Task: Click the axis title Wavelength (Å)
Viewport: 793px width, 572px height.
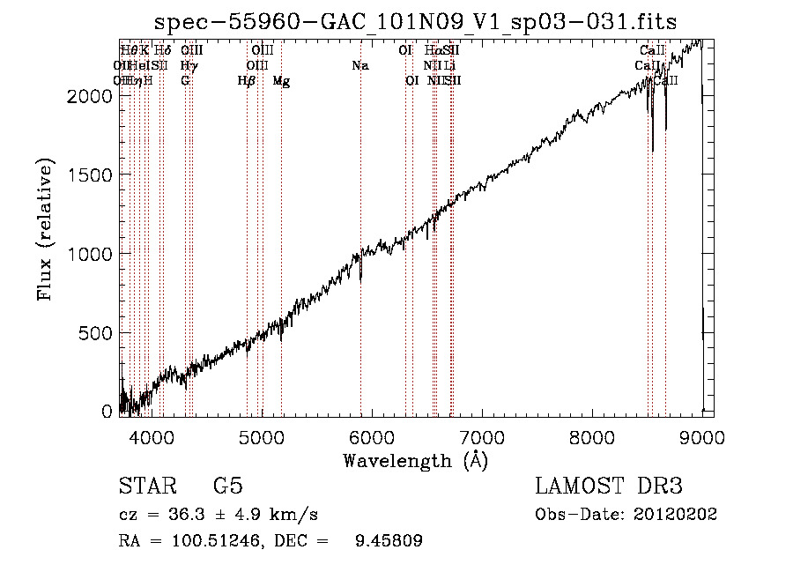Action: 416,460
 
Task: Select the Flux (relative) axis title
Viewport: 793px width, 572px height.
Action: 47,229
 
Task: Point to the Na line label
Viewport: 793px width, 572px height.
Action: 359,65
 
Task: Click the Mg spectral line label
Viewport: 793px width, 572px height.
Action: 281,81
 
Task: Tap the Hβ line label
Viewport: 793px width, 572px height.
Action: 247,81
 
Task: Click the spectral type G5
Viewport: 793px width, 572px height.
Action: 227,487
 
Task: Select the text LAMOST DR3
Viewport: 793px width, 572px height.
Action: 608,487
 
